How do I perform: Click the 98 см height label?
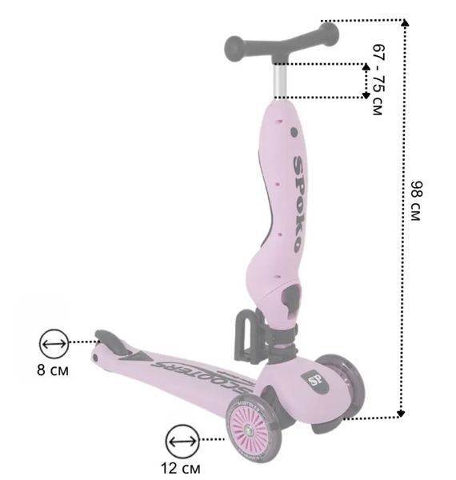(416, 201)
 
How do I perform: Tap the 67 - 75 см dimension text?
(378, 80)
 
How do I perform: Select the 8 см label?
(53, 370)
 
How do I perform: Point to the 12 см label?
(181, 468)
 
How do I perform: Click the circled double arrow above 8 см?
(54, 343)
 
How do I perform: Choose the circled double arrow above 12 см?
(182, 441)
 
